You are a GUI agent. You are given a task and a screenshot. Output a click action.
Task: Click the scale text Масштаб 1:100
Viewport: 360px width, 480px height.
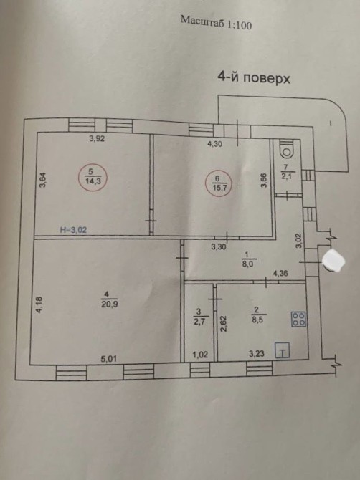coord(217,22)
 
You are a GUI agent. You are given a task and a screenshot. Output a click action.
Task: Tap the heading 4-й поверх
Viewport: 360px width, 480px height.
coord(254,78)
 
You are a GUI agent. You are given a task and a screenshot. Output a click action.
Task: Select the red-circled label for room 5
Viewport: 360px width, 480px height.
coord(93,177)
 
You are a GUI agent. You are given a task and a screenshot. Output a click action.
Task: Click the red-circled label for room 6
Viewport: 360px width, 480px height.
coord(219,183)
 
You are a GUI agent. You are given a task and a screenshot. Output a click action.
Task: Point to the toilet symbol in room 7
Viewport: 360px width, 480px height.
coord(287,149)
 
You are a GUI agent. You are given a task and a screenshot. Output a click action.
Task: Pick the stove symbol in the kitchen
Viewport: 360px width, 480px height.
coord(298,319)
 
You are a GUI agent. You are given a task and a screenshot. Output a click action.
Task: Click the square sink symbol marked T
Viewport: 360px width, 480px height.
coord(283,350)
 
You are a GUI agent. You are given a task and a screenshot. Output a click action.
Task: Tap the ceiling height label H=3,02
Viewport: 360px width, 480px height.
coord(73,229)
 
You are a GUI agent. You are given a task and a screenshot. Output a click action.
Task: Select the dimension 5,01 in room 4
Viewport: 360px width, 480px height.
coord(109,358)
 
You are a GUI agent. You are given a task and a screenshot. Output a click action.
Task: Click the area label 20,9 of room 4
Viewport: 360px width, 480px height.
coord(106,304)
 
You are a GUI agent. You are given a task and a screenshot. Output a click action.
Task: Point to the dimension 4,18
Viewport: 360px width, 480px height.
coord(39,305)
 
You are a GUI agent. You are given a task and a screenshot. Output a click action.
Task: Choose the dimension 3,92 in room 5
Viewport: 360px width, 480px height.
coord(97,139)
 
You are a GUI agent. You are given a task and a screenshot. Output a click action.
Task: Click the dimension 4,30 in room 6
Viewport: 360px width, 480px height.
coord(214,144)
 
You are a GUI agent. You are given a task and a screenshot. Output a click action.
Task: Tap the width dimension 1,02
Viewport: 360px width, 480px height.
coord(200,355)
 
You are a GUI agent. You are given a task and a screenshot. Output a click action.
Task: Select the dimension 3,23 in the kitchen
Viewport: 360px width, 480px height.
coord(257,354)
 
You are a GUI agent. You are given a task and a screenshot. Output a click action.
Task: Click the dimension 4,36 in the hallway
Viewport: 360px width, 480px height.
coord(280,273)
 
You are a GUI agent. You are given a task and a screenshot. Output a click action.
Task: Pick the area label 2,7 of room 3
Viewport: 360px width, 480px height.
coord(199,321)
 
